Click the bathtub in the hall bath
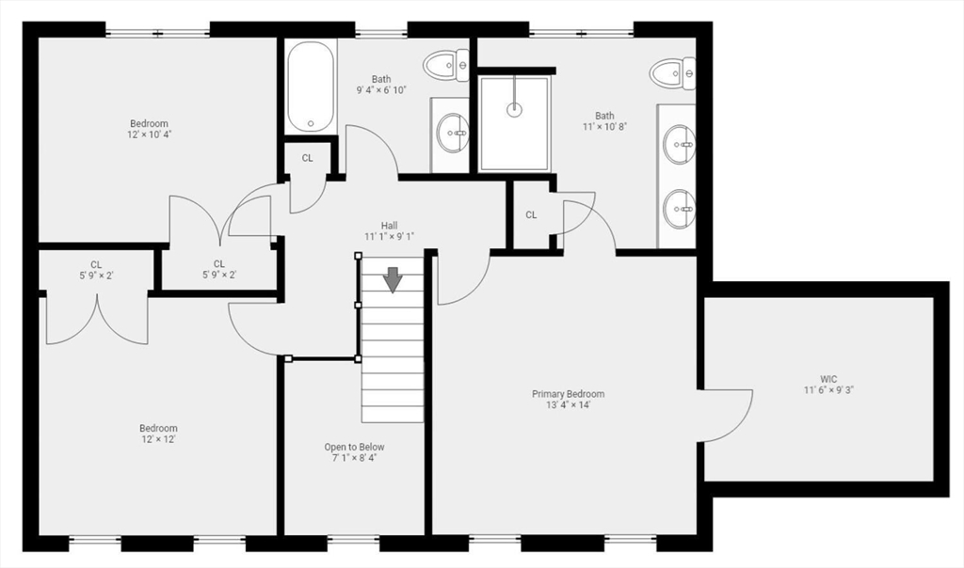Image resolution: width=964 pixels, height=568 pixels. click(x=311, y=86)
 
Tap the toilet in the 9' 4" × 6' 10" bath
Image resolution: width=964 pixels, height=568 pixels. click(x=446, y=65)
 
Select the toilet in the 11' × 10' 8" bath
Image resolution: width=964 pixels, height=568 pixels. click(x=673, y=73)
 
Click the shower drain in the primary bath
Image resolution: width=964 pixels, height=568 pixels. click(x=514, y=110)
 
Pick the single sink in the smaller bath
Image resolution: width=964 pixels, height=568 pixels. click(x=453, y=132)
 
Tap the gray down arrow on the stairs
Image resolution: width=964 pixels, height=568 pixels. click(x=393, y=280)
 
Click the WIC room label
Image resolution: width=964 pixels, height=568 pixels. click(x=828, y=379)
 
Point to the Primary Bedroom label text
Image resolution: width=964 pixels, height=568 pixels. click(x=568, y=394)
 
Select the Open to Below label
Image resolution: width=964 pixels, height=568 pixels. click(x=355, y=447)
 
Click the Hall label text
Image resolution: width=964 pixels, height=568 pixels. click(x=389, y=226)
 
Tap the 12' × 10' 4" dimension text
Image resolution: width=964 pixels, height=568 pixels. click(x=149, y=134)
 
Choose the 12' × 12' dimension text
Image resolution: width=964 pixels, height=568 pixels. click(x=158, y=439)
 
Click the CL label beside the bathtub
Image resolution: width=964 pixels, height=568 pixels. click(x=308, y=158)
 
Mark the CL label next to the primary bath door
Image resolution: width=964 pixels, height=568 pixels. click(x=531, y=215)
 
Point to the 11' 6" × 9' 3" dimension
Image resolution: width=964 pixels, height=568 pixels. click(x=828, y=390)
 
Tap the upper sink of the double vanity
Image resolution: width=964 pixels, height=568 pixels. click(x=680, y=144)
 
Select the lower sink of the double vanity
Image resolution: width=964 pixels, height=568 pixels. click(x=680, y=209)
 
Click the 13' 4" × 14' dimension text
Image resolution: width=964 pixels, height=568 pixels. click(x=568, y=404)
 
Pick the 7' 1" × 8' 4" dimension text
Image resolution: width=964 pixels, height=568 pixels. click(x=355, y=458)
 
